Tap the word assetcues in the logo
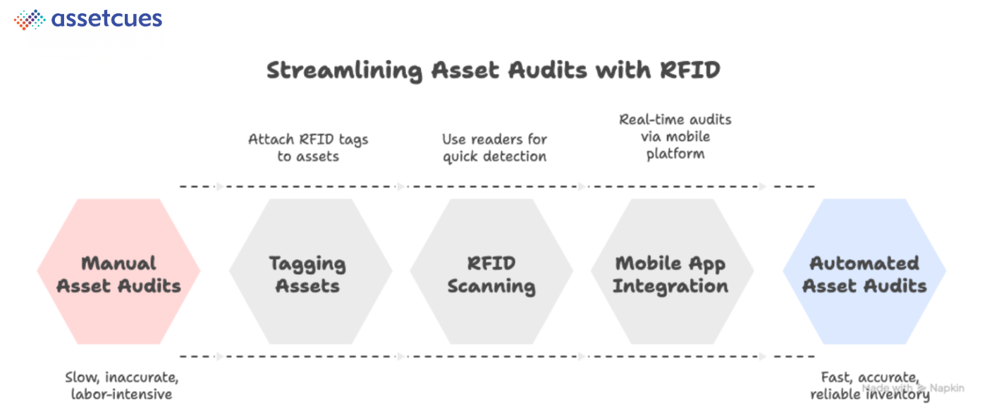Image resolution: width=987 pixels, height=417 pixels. tap(106, 19)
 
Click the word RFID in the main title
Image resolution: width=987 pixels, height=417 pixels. tap(690, 70)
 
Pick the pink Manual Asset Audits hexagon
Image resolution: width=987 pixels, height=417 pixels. tap(118, 272)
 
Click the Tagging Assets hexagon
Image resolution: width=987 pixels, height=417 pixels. tap(310, 272)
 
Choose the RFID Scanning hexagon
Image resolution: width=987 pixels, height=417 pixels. tap(491, 272)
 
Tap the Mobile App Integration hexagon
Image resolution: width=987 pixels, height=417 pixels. tap(671, 272)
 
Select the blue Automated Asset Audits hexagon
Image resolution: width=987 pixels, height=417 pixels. tap(864, 272)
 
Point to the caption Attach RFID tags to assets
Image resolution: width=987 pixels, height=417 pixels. tap(308, 147)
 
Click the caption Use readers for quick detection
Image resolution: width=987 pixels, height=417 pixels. tap(494, 147)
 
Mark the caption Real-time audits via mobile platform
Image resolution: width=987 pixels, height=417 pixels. tap(675, 136)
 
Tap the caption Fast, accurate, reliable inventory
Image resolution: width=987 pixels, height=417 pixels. tap(869, 385)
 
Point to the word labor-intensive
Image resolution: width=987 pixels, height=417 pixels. tap(121, 394)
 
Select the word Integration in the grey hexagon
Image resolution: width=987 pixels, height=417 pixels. tap(670, 286)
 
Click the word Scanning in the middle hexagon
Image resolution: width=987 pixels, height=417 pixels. tap(491, 286)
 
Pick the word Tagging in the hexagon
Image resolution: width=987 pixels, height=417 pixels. tap(308, 263)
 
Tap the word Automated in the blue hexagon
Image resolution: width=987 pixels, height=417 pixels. tap(864, 263)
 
